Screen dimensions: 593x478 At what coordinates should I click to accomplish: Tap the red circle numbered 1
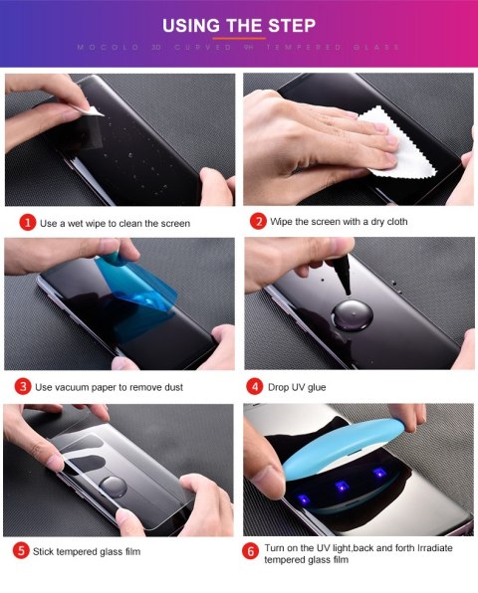28,223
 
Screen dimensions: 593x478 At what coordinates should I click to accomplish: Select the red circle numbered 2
258,221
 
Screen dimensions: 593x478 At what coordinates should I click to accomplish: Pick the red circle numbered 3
22,386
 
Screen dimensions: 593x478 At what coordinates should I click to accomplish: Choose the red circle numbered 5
21,548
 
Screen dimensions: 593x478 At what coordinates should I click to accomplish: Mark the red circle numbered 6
252,549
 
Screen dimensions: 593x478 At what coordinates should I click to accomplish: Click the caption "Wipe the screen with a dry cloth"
338,221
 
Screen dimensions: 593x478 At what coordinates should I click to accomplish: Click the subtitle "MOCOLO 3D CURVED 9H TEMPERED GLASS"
238,47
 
